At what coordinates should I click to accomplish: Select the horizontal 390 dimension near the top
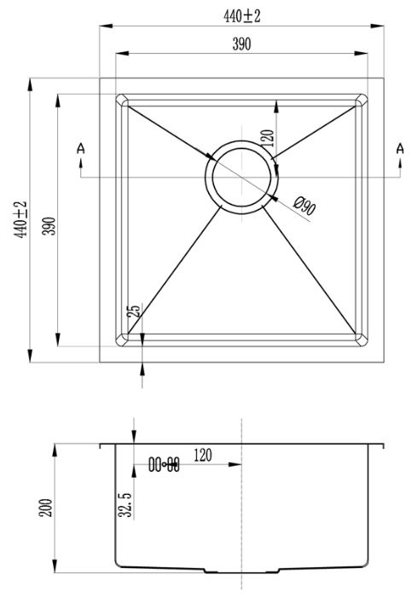(242, 45)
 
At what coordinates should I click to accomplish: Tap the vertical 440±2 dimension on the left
(20, 220)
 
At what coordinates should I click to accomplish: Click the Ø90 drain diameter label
(305, 206)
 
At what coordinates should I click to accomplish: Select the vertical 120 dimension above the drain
(266, 140)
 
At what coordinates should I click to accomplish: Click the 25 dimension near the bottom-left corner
(133, 311)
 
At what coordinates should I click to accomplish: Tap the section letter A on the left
(81, 149)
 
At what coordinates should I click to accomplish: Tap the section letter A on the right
(400, 149)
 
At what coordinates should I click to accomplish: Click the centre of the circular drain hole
(242, 177)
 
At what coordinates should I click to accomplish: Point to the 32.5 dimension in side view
(125, 503)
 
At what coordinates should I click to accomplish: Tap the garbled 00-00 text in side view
(164, 465)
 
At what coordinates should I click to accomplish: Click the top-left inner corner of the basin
(122, 100)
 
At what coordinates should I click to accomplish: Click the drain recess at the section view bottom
(242, 569)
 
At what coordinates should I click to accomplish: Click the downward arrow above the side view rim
(134, 436)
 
